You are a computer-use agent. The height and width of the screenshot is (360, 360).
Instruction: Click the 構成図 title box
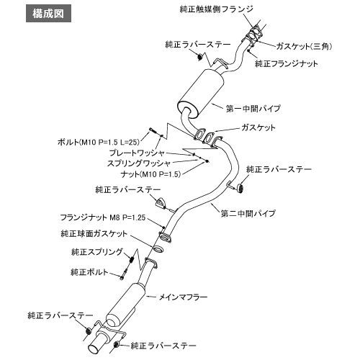pyautogui.click(x=48, y=14)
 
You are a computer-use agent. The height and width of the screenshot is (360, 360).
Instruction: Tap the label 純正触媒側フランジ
pyautogui.click(x=217, y=9)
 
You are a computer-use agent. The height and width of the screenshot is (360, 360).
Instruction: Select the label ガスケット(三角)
pyautogui.click(x=304, y=46)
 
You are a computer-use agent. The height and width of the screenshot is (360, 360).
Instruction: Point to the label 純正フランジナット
pyautogui.click(x=287, y=63)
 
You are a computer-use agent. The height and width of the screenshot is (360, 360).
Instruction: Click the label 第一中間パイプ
pyautogui.click(x=253, y=109)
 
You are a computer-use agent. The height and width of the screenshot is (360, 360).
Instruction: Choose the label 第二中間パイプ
pyautogui.click(x=248, y=213)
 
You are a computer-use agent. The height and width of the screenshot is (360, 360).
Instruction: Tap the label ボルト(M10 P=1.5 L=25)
pyautogui.click(x=99, y=142)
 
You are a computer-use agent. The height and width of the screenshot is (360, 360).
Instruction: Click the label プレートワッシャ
pyautogui.click(x=137, y=153)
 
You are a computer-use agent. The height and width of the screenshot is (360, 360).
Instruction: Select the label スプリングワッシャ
pyautogui.click(x=139, y=163)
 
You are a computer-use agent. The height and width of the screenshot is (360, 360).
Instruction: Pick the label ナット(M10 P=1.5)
pyautogui.click(x=150, y=174)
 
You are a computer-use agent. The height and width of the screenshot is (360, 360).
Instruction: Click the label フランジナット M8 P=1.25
pyautogui.click(x=103, y=217)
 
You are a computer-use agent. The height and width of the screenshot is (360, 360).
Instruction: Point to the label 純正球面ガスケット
pyautogui.click(x=94, y=233)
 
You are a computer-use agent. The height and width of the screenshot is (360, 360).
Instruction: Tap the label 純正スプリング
pyautogui.click(x=97, y=252)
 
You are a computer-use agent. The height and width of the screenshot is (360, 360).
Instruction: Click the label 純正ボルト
pyautogui.click(x=89, y=272)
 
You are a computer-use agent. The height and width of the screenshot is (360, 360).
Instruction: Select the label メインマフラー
pyautogui.click(x=184, y=297)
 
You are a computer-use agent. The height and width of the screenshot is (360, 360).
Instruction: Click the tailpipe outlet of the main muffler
pyautogui.click(x=96, y=347)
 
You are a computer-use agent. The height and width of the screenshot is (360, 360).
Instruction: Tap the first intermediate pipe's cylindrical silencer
pyautogui.click(x=201, y=93)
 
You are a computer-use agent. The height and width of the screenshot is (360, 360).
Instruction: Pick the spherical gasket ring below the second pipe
pyautogui.click(x=158, y=249)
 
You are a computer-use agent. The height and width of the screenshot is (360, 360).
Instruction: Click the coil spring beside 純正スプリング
pyautogui.click(x=132, y=259)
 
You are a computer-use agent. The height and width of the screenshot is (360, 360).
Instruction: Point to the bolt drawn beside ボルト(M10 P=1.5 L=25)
pyautogui.click(x=153, y=131)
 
